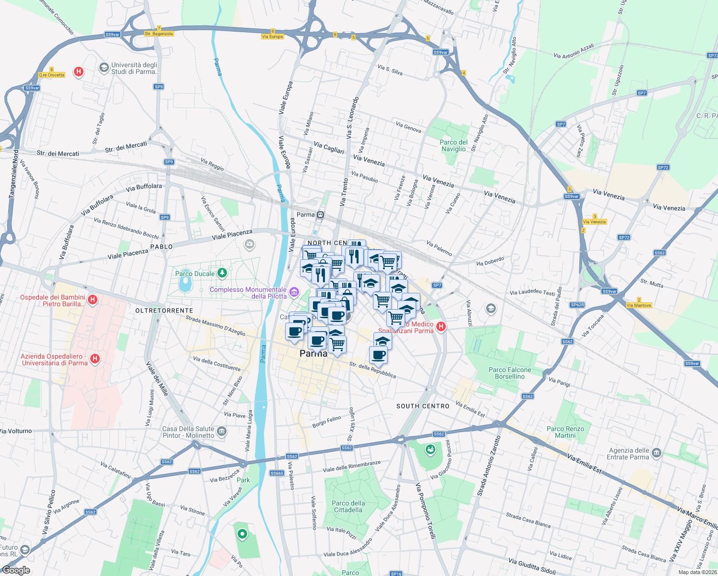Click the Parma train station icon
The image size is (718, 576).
point(320,215)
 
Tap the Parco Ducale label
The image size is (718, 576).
point(195,274)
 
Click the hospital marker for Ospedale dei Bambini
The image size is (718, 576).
point(93,300)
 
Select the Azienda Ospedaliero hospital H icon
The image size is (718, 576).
point(95,358)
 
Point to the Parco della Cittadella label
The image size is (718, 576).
point(348,506)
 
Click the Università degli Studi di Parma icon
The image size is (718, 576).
point(104,68)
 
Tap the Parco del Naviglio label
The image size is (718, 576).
point(454,145)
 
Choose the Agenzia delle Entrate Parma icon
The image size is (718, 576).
point(657,453)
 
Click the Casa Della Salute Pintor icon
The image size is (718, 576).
point(221,431)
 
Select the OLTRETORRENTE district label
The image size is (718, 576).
point(164,311)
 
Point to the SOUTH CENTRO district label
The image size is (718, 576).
point(423,406)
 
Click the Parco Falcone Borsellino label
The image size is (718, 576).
point(510,373)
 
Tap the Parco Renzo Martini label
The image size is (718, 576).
point(565,432)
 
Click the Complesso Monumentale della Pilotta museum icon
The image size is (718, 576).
point(294,292)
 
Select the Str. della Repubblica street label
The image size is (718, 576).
point(372,370)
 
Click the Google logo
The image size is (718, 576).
point(16,570)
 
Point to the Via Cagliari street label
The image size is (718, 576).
point(329,147)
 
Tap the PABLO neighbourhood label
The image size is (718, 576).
point(161,247)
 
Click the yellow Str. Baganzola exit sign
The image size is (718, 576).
point(159,34)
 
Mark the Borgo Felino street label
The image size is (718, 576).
point(326,421)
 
